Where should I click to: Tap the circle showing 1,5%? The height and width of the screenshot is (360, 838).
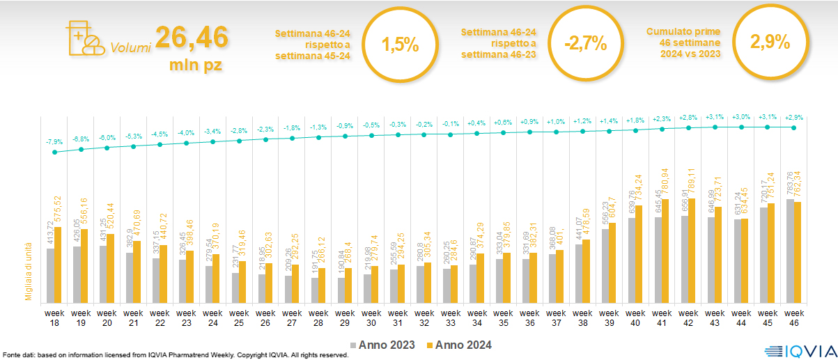pos(401,45)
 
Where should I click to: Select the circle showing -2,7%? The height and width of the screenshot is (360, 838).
pos(586,45)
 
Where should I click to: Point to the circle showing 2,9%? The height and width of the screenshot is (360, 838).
pos(770,43)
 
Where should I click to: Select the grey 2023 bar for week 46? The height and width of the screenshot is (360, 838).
pos(790,250)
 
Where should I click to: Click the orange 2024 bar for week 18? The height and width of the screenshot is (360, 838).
pos(58,264)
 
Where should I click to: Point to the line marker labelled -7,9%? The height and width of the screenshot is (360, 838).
pos(55,152)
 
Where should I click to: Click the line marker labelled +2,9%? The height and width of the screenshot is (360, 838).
pos(794,127)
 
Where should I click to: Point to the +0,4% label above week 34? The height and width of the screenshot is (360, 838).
pos(477,123)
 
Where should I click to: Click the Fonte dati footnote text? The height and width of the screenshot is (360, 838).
pos(175,355)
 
